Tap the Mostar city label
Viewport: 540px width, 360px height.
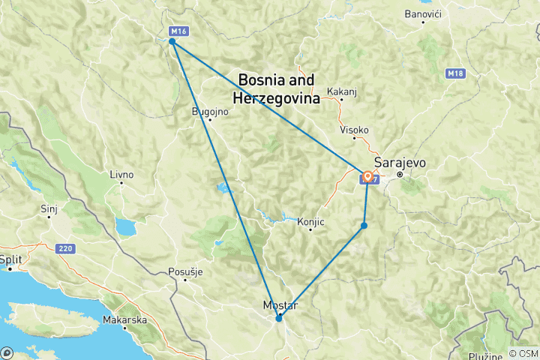pyautogui.click(x=280, y=305)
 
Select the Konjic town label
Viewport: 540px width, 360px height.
pyautogui.click(x=310, y=222)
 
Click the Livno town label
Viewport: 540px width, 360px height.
pyautogui.click(x=121, y=175)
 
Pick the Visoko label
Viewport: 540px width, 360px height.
pyautogui.click(x=355, y=130)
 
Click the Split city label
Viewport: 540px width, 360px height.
pyautogui.click(x=11, y=259)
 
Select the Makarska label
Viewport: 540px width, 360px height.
pyautogui.click(x=124, y=319)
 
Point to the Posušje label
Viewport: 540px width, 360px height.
pyautogui.click(x=185, y=271)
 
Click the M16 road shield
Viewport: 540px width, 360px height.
pyautogui.click(x=178, y=31)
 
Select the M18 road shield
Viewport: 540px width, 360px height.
pyautogui.click(x=454, y=73)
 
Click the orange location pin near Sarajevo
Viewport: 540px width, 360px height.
pyautogui.click(x=368, y=178)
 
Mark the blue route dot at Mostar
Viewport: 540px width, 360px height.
pyautogui.click(x=279, y=318)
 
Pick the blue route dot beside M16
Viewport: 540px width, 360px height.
pyautogui.click(x=172, y=42)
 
